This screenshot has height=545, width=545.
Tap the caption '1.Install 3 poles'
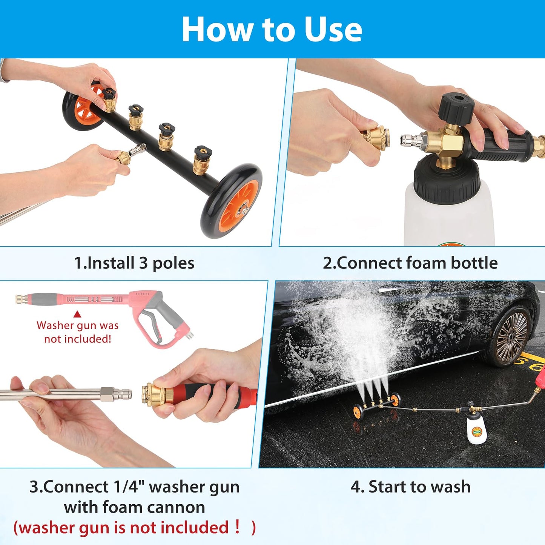[x=134, y=263]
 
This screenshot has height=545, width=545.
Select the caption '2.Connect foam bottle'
[x=410, y=263]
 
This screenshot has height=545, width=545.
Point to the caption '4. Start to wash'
[x=410, y=487]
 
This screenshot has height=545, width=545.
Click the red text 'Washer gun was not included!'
[x=78, y=332]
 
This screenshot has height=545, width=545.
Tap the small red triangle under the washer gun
[x=77, y=314]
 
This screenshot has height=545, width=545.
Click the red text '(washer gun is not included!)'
[x=134, y=527]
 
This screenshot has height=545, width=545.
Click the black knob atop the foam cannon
[x=456, y=107]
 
